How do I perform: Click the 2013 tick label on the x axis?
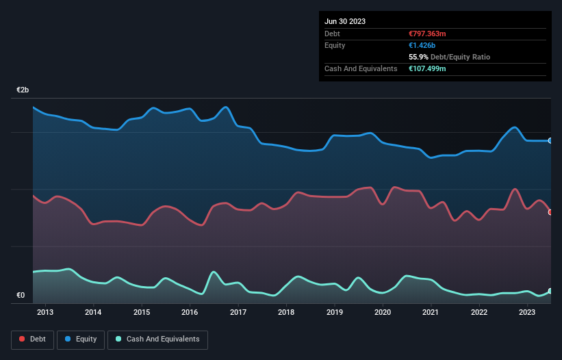coord(45,313)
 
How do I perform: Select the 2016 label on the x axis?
coord(190,313)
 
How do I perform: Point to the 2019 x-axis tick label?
coord(335,313)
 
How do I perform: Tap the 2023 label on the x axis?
coord(527,313)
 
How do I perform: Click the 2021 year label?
coord(431,313)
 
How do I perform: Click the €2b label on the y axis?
coord(23,90)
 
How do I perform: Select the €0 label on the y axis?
coord(21,296)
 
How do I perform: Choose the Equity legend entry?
coord(81,339)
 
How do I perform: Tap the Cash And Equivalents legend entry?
coord(157,339)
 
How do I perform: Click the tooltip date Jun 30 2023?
coord(345,21)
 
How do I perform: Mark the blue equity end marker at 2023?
coord(550,140)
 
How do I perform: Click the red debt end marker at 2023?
coord(550,212)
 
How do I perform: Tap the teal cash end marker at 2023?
coord(550,292)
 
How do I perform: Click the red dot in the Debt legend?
coord(22,339)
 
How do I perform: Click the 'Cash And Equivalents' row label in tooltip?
coord(361,68)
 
